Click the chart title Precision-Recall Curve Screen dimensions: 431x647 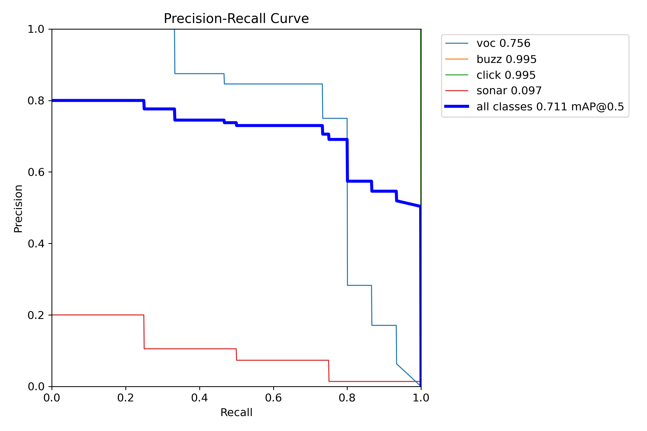point(236,19)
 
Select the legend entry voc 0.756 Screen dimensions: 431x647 point(503,43)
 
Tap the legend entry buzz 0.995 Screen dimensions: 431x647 point(506,59)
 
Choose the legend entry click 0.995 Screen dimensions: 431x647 point(506,75)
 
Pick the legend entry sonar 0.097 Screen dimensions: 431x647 point(509,91)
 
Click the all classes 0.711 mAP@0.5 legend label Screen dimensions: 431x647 point(550,107)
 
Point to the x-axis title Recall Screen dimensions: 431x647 point(236,413)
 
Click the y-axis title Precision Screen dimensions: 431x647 point(18,209)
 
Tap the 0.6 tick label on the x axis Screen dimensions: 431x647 point(273,398)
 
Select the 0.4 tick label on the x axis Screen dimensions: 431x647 point(200,398)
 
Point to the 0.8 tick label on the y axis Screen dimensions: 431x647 point(36,101)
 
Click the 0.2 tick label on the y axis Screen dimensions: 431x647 point(36,315)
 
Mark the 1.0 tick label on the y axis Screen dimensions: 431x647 point(36,29)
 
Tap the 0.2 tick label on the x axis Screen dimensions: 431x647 point(126,398)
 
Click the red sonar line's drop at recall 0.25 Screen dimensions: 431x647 point(144,332)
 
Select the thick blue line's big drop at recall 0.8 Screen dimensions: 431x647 point(347,160)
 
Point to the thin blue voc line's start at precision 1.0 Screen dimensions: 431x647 point(174,30)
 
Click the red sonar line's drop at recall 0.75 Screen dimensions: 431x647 point(329,371)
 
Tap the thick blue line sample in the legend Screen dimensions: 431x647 point(457,107)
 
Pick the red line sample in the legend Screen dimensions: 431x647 point(457,91)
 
